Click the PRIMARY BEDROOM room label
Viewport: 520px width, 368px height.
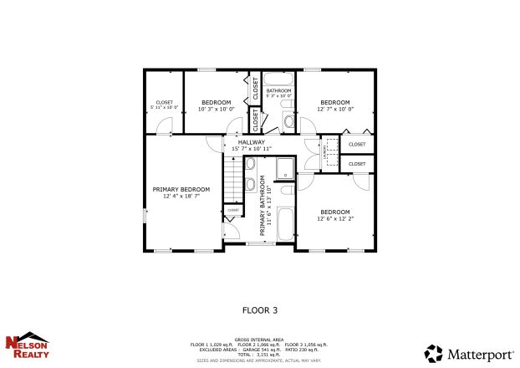(x=181, y=190)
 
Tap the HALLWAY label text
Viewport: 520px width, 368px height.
(x=251, y=142)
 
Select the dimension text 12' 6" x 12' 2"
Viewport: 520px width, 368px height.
(x=334, y=218)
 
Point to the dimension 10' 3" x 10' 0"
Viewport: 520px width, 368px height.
(x=214, y=109)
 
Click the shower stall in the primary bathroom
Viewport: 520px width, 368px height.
(x=285, y=166)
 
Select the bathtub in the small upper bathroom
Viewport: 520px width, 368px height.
(x=278, y=80)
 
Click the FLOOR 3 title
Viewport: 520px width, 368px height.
(x=259, y=309)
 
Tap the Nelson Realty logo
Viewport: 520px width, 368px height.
(x=28, y=345)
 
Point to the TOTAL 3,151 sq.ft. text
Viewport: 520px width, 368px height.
(x=259, y=355)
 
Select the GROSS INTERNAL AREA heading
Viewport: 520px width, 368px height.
(x=259, y=340)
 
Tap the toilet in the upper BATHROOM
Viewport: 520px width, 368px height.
(x=288, y=122)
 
